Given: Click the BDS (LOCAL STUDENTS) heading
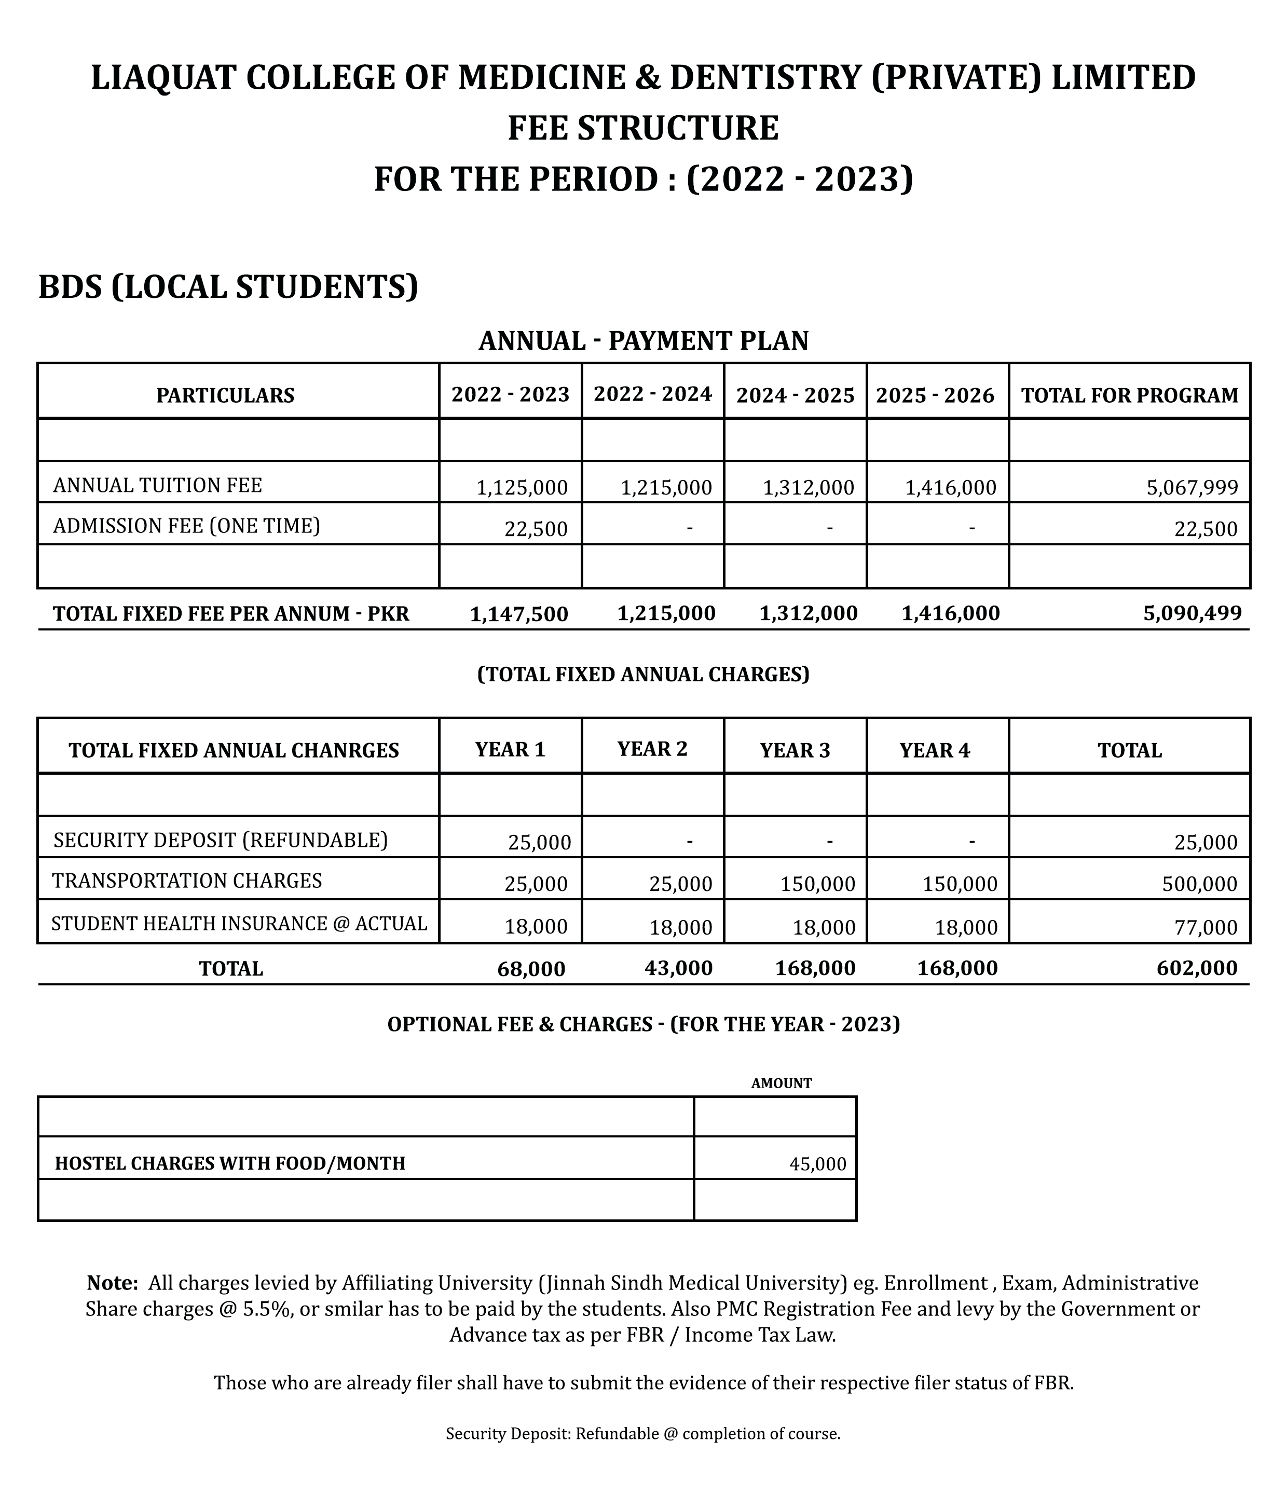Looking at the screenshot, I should pos(228,286).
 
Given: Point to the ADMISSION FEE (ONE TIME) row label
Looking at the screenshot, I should pos(187,526).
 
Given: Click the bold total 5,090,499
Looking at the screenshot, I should pos(1192,613).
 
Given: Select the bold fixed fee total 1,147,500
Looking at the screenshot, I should pos(519,614).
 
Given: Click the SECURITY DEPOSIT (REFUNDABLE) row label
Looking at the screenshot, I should pos(221,840).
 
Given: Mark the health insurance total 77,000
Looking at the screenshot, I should pos(1206,927).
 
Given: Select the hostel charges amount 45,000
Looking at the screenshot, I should pos(818,1164).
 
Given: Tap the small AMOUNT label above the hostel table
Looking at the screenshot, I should pos(781,1083).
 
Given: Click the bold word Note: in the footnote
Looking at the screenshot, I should pos(112,1282).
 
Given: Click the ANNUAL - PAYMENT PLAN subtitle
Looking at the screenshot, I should pos(643,340).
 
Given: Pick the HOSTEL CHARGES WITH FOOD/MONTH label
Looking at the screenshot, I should pos(230,1163).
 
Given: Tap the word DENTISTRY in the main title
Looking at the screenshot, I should pos(764,78).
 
